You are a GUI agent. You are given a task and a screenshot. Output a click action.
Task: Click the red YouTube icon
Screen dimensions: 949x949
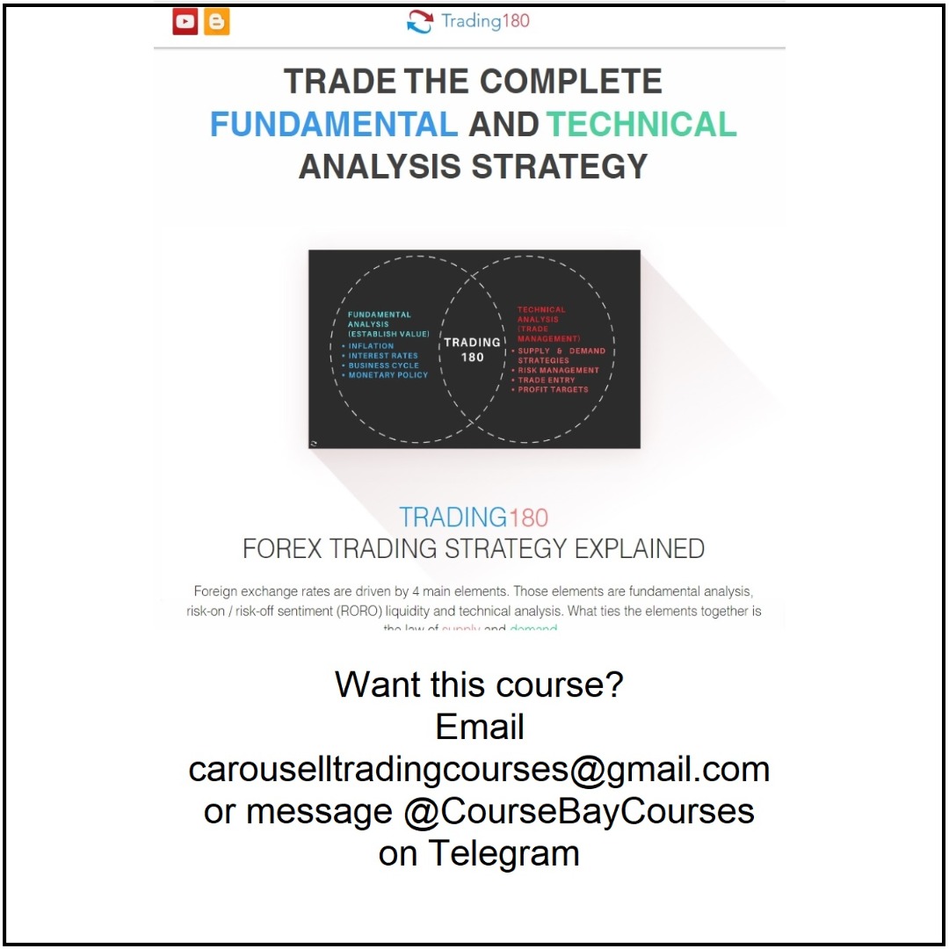pos(185,22)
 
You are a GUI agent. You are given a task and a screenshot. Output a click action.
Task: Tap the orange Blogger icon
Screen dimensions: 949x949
pos(216,22)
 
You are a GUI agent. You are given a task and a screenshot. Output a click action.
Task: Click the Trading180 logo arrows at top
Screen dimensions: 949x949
pos(420,23)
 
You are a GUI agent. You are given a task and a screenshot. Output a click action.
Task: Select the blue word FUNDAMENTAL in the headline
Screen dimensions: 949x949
pos(334,125)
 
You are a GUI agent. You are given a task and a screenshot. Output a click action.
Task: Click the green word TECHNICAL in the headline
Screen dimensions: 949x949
pos(641,125)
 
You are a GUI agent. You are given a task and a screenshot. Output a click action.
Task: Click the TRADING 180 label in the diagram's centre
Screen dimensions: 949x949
pos(472,349)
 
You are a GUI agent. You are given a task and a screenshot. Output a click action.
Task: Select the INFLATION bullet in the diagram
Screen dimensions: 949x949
pos(371,346)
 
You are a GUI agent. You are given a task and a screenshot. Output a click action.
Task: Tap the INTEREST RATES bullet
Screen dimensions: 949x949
pos(383,356)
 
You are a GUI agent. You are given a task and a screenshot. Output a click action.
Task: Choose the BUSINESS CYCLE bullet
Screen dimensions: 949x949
pos(384,366)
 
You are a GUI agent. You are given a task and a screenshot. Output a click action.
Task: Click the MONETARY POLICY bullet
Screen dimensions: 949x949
pos(388,375)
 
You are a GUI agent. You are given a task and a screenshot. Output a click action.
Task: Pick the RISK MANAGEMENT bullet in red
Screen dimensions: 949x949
pos(558,370)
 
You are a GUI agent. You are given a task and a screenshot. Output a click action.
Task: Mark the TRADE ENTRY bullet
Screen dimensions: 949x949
pos(546,380)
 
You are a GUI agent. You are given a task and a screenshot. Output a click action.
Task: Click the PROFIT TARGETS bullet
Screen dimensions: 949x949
pos(553,389)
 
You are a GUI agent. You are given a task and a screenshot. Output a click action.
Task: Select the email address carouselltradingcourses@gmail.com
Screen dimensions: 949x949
pos(479,769)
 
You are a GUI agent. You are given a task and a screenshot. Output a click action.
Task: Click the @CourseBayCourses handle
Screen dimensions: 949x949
pos(579,810)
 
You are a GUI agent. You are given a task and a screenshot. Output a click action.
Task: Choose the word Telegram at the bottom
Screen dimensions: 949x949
pos(504,852)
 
